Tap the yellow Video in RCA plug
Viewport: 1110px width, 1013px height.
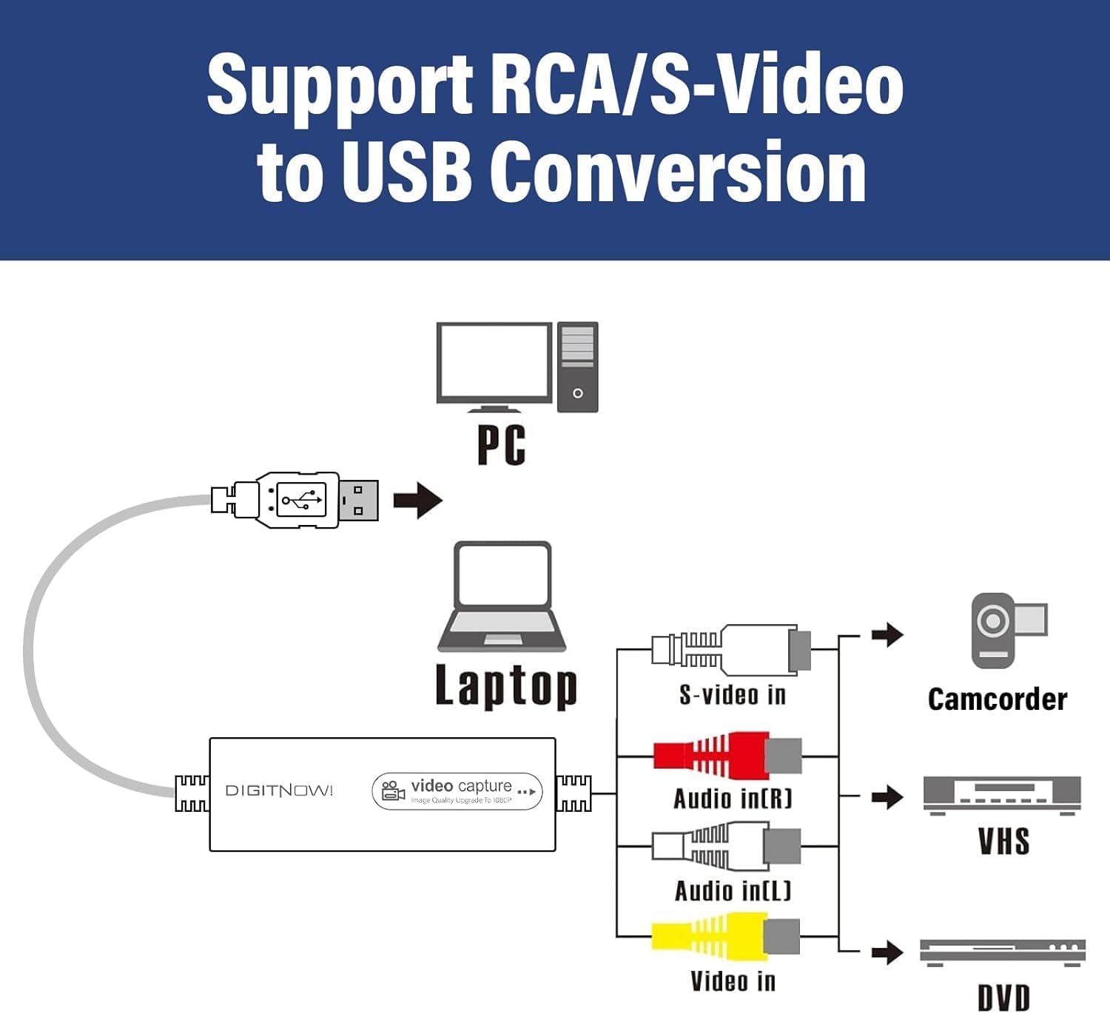(x=725, y=936)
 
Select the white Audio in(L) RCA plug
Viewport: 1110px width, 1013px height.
(x=725, y=847)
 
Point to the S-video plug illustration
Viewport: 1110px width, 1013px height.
(x=731, y=649)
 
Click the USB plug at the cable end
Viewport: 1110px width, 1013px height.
(x=296, y=501)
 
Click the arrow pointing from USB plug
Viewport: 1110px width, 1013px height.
(x=417, y=501)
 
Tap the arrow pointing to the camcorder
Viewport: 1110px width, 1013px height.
(x=887, y=634)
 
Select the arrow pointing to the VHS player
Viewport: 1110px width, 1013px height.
(x=887, y=797)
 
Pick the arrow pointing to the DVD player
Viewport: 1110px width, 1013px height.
(x=887, y=952)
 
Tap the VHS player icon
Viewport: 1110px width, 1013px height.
(x=1002, y=796)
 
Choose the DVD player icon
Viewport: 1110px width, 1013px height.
(x=1002, y=952)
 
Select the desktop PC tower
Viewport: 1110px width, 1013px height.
(x=577, y=367)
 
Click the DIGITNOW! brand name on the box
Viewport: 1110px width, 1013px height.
(x=279, y=791)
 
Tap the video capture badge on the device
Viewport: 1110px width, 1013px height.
(x=457, y=791)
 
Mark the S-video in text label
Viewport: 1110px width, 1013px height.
(x=733, y=695)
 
